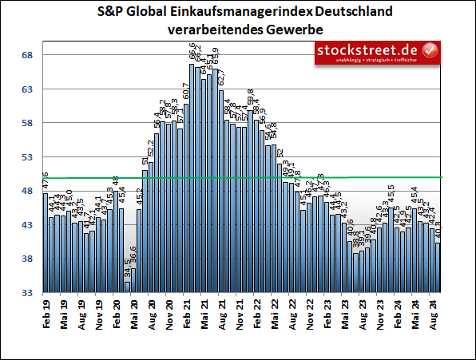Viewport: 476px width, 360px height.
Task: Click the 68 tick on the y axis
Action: [26, 55]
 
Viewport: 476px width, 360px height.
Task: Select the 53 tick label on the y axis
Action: [26, 157]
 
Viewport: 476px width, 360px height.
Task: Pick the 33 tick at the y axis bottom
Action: [26, 294]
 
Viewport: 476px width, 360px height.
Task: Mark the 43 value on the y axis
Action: [26, 226]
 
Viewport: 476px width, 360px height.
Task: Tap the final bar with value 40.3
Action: [438, 268]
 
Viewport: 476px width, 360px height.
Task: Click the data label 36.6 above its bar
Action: [133, 257]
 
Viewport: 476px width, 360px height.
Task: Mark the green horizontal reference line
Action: [240, 177]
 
